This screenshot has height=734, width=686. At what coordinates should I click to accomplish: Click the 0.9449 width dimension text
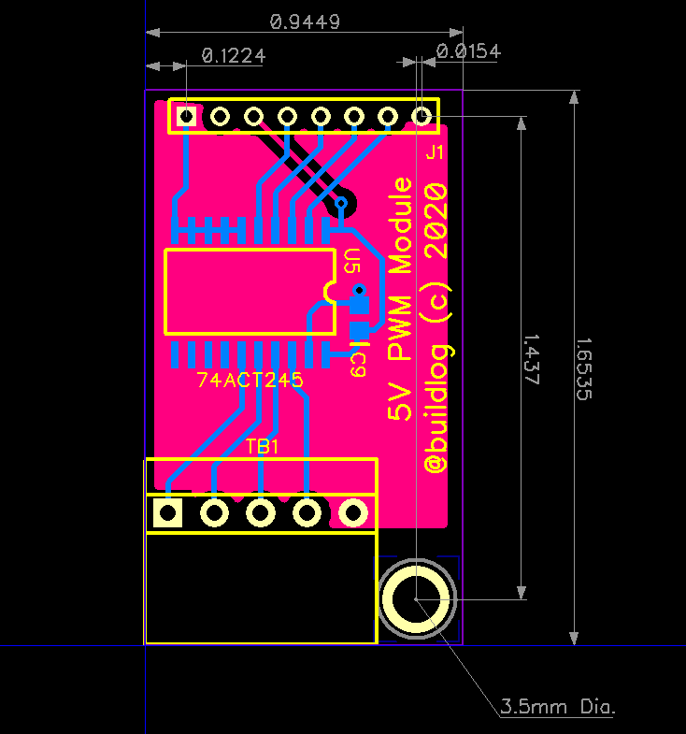click(x=305, y=21)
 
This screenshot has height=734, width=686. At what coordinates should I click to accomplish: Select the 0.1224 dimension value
click(x=233, y=56)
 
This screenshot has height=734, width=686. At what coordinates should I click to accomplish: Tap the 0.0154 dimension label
click(x=469, y=51)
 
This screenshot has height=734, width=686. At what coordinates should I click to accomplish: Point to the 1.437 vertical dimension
click(x=531, y=355)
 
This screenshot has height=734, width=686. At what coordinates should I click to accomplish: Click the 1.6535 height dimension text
click(x=583, y=369)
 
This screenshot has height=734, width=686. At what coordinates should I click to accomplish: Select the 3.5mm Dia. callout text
click(x=558, y=706)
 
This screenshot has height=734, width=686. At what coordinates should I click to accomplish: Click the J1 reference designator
click(x=434, y=152)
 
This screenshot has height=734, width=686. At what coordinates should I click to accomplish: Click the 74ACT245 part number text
click(x=250, y=381)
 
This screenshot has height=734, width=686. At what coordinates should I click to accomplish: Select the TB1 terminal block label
click(x=263, y=447)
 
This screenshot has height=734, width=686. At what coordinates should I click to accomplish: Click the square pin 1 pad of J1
click(x=187, y=116)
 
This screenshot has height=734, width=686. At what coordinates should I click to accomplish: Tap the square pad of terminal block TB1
click(x=168, y=512)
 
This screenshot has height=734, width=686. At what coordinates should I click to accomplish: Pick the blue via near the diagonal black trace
click(x=341, y=203)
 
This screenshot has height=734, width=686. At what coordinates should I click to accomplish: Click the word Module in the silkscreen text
click(x=401, y=225)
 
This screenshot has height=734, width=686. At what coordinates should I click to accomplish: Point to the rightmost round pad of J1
click(x=422, y=116)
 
